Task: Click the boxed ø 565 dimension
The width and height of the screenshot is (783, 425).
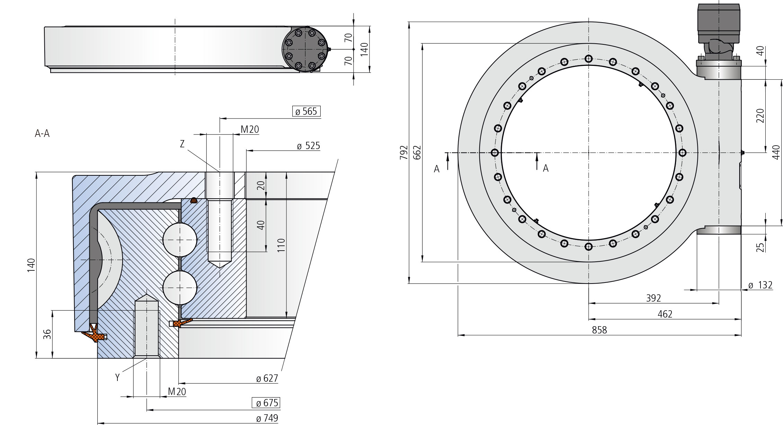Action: point(306,111)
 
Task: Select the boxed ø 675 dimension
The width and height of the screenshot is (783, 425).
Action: point(266,403)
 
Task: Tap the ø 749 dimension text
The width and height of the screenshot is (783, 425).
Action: point(267,418)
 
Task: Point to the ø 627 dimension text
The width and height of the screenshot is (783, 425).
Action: point(267,378)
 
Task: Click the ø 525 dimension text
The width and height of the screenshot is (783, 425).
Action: point(308,146)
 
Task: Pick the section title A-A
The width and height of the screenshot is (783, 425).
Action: point(42,133)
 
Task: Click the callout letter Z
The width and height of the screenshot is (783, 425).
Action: point(183,144)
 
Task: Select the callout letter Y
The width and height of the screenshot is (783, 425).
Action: point(117,378)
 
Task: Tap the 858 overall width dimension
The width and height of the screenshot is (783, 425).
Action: point(599,330)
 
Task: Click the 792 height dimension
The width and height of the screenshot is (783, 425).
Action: point(404,153)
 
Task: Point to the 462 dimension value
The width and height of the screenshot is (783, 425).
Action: point(665,314)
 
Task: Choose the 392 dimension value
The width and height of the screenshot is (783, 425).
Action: point(653,298)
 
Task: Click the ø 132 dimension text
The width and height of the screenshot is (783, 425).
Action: point(760,285)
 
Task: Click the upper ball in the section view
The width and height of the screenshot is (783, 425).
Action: point(180,240)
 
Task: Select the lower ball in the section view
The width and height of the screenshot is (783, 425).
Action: point(180,288)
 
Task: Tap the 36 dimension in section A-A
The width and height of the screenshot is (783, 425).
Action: point(47,334)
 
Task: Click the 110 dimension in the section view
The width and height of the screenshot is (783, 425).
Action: point(281,245)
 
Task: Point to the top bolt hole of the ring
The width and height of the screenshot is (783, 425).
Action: point(588,59)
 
